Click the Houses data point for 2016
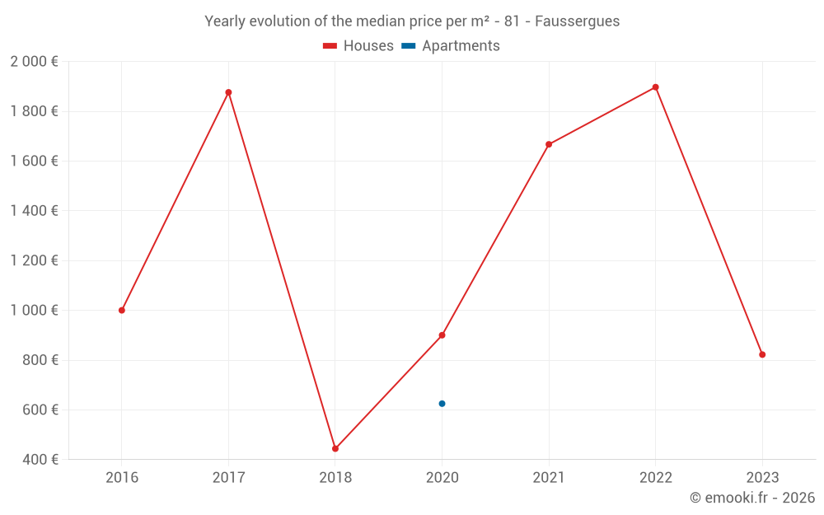122,311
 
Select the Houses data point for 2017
228,92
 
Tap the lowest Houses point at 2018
335,449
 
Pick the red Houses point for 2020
442,335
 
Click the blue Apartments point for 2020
442,404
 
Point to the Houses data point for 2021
549,144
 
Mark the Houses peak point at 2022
655,87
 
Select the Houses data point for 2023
762,354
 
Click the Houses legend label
368,46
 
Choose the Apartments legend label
461,46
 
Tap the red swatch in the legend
330,46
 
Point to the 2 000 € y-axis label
34,62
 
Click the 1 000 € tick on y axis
34,311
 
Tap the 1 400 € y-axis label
34,211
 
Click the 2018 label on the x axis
335,478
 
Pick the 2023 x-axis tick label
762,478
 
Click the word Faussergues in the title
577,21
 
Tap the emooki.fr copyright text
752,498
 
